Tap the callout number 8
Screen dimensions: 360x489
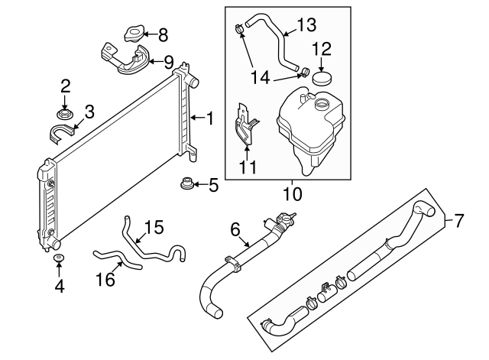point(162,34)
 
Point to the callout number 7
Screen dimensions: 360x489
point(458,222)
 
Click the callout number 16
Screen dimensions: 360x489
point(105,281)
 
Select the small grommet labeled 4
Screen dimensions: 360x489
point(58,260)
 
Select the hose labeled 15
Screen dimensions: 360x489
point(153,248)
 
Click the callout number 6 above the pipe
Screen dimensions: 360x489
point(235,229)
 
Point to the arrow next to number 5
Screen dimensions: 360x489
point(199,184)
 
